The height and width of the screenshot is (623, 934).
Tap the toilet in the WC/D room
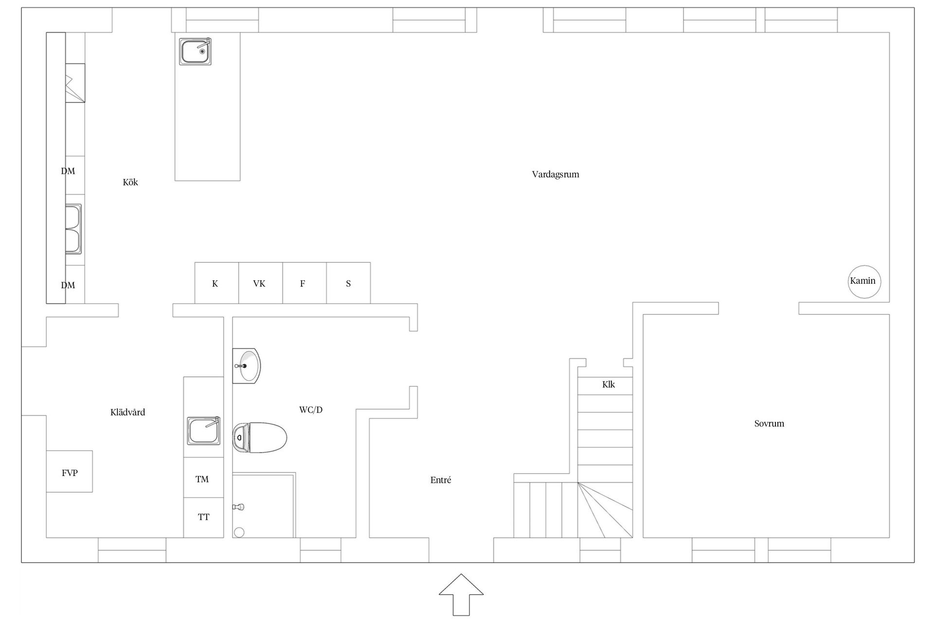[259, 438]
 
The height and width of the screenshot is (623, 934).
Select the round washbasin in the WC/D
[246, 366]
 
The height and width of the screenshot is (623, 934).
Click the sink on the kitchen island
[195, 51]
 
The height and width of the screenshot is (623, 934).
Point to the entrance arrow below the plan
[461, 595]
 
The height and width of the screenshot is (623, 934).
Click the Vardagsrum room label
[556, 174]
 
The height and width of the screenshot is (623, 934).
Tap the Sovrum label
[769, 423]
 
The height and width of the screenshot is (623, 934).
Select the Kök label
[130, 182]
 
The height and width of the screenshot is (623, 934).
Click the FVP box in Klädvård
[70, 471]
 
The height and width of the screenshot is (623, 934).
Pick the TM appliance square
[203, 477]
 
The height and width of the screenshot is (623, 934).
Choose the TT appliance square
[203, 517]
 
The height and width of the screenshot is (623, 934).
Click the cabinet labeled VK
[260, 283]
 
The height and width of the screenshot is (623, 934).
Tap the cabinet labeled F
[305, 283]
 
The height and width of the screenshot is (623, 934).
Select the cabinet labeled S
[348, 283]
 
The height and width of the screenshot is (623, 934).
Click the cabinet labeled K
[216, 283]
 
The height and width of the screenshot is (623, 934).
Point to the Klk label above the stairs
[609, 385]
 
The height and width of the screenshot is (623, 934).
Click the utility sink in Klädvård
[204, 431]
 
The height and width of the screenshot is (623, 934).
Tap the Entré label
[441, 480]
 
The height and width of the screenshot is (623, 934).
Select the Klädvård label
[127, 412]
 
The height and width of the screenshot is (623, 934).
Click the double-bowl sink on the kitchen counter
[73, 229]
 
